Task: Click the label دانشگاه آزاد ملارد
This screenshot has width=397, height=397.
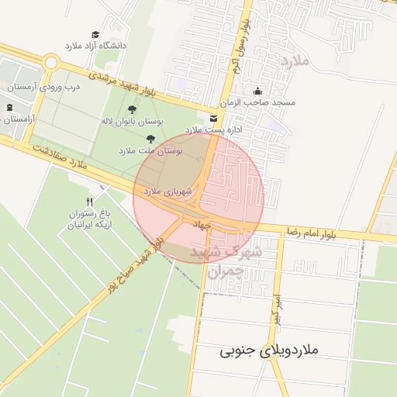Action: (95, 46)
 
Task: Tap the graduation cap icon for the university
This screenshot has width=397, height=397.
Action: (95, 35)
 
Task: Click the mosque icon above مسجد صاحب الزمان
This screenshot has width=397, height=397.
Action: (257, 91)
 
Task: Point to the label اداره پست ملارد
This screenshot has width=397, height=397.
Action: (214, 129)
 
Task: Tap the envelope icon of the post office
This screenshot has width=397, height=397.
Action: (213, 118)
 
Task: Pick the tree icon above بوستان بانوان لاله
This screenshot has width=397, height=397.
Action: (133, 109)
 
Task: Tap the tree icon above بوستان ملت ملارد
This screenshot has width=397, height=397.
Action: (150, 139)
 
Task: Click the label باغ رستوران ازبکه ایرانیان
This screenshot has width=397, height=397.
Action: (88, 219)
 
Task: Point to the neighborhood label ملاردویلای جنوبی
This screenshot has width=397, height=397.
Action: (269, 351)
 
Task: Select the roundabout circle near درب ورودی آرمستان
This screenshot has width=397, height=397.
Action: (51, 62)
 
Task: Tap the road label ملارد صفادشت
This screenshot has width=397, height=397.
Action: (57, 155)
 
